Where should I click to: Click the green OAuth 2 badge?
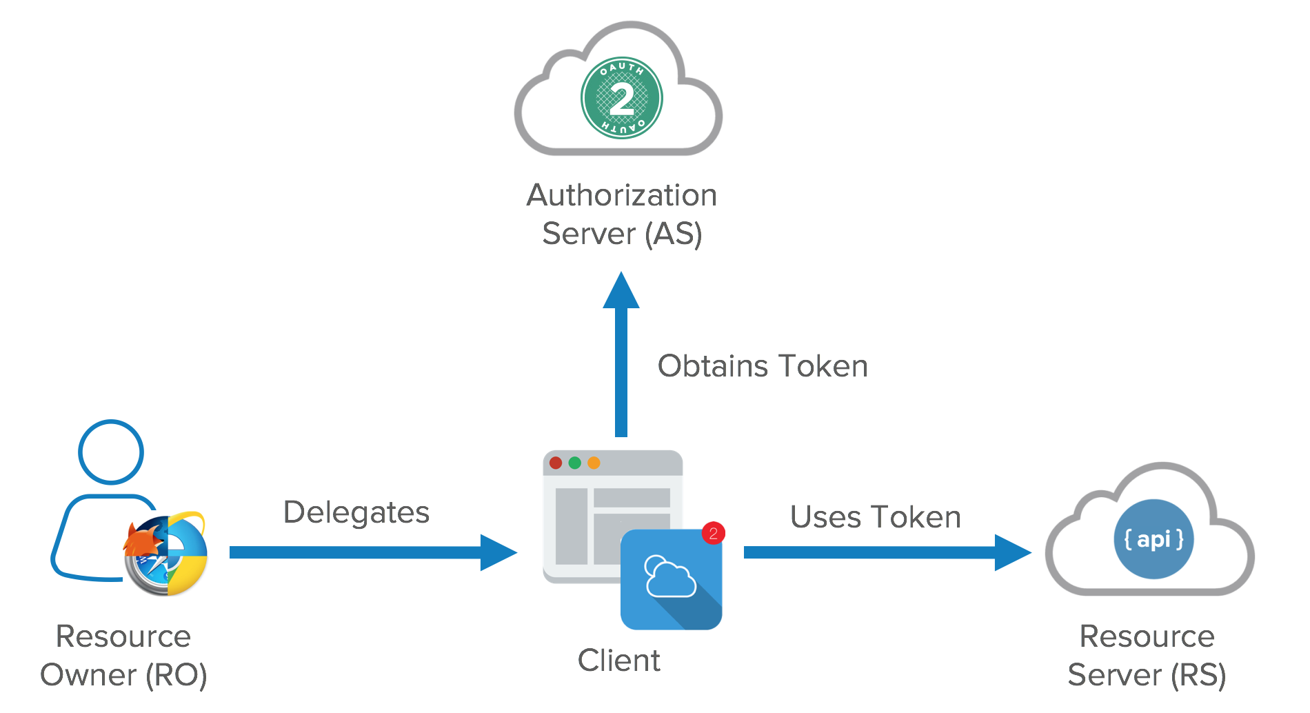(621, 98)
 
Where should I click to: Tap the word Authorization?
(621, 195)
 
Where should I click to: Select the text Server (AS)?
(621, 234)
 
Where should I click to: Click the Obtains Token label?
(762, 366)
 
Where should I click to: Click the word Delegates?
(356, 512)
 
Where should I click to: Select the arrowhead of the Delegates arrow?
(498, 552)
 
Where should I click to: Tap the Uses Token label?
(875, 517)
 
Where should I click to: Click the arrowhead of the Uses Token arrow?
(1012, 552)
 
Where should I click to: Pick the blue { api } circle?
(1153, 539)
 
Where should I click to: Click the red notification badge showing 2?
(713, 533)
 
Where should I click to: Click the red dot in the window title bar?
(556, 463)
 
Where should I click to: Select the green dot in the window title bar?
(574, 463)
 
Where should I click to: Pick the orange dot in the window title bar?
(594, 463)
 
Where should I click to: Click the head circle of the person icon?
(111, 452)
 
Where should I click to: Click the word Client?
(618, 661)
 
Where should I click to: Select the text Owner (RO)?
(123, 675)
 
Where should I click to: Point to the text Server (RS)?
(1147, 675)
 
